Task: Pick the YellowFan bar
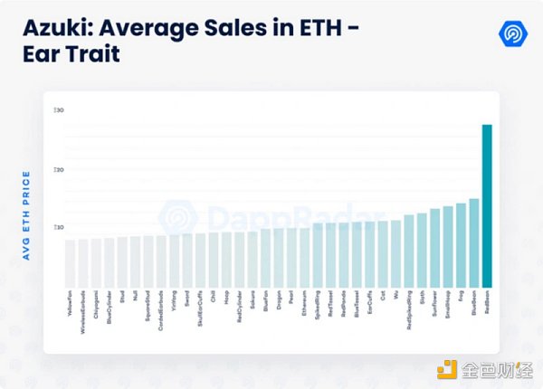point(70,262)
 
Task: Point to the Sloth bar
point(422,249)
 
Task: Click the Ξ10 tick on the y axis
point(59,227)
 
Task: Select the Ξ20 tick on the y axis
point(59,169)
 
